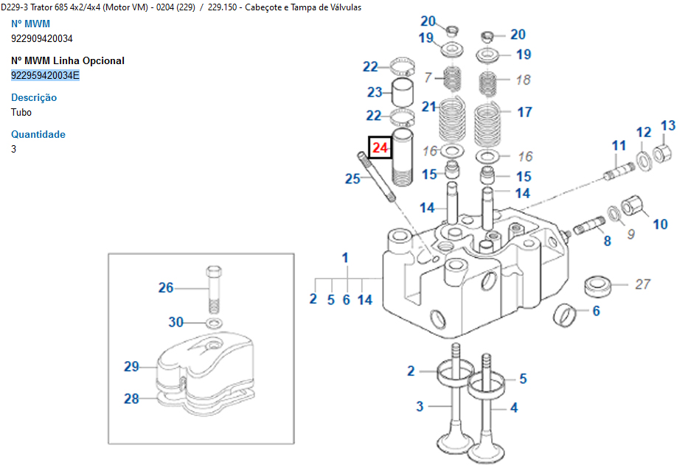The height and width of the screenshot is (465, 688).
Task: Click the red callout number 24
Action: (x=380, y=147)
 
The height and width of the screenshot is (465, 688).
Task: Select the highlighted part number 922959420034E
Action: (x=45, y=75)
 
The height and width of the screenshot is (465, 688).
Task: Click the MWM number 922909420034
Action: (x=42, y=38)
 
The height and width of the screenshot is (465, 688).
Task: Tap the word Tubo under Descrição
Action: (x=21, y=112)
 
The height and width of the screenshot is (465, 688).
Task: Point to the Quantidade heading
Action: (x=38, y=134)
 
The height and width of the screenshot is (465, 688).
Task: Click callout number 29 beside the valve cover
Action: (x=131, y=366)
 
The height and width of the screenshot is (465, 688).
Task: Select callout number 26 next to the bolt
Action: (x=166, y=287)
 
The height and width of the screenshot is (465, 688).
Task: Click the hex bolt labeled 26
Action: (x=213, y=290)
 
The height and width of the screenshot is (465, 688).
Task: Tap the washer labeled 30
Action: (x=214, y=324)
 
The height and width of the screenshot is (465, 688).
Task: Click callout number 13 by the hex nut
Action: (x=668, y=126)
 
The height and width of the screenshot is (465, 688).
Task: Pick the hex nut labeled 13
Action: (x=661, y=153)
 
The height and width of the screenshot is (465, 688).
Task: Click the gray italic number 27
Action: (x=642, y=284)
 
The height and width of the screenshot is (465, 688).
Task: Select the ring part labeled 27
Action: (x=598, y=286)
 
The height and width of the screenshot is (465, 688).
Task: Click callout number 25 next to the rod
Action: (x=352, y=178)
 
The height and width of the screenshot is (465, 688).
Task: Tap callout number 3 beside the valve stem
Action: (x=420, y=406)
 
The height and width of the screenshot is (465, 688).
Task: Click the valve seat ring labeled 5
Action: (x=485, y=383)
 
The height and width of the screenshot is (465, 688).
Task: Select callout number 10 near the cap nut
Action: (x=660, y=224)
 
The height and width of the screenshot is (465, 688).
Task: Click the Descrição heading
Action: (x=34, y=97)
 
